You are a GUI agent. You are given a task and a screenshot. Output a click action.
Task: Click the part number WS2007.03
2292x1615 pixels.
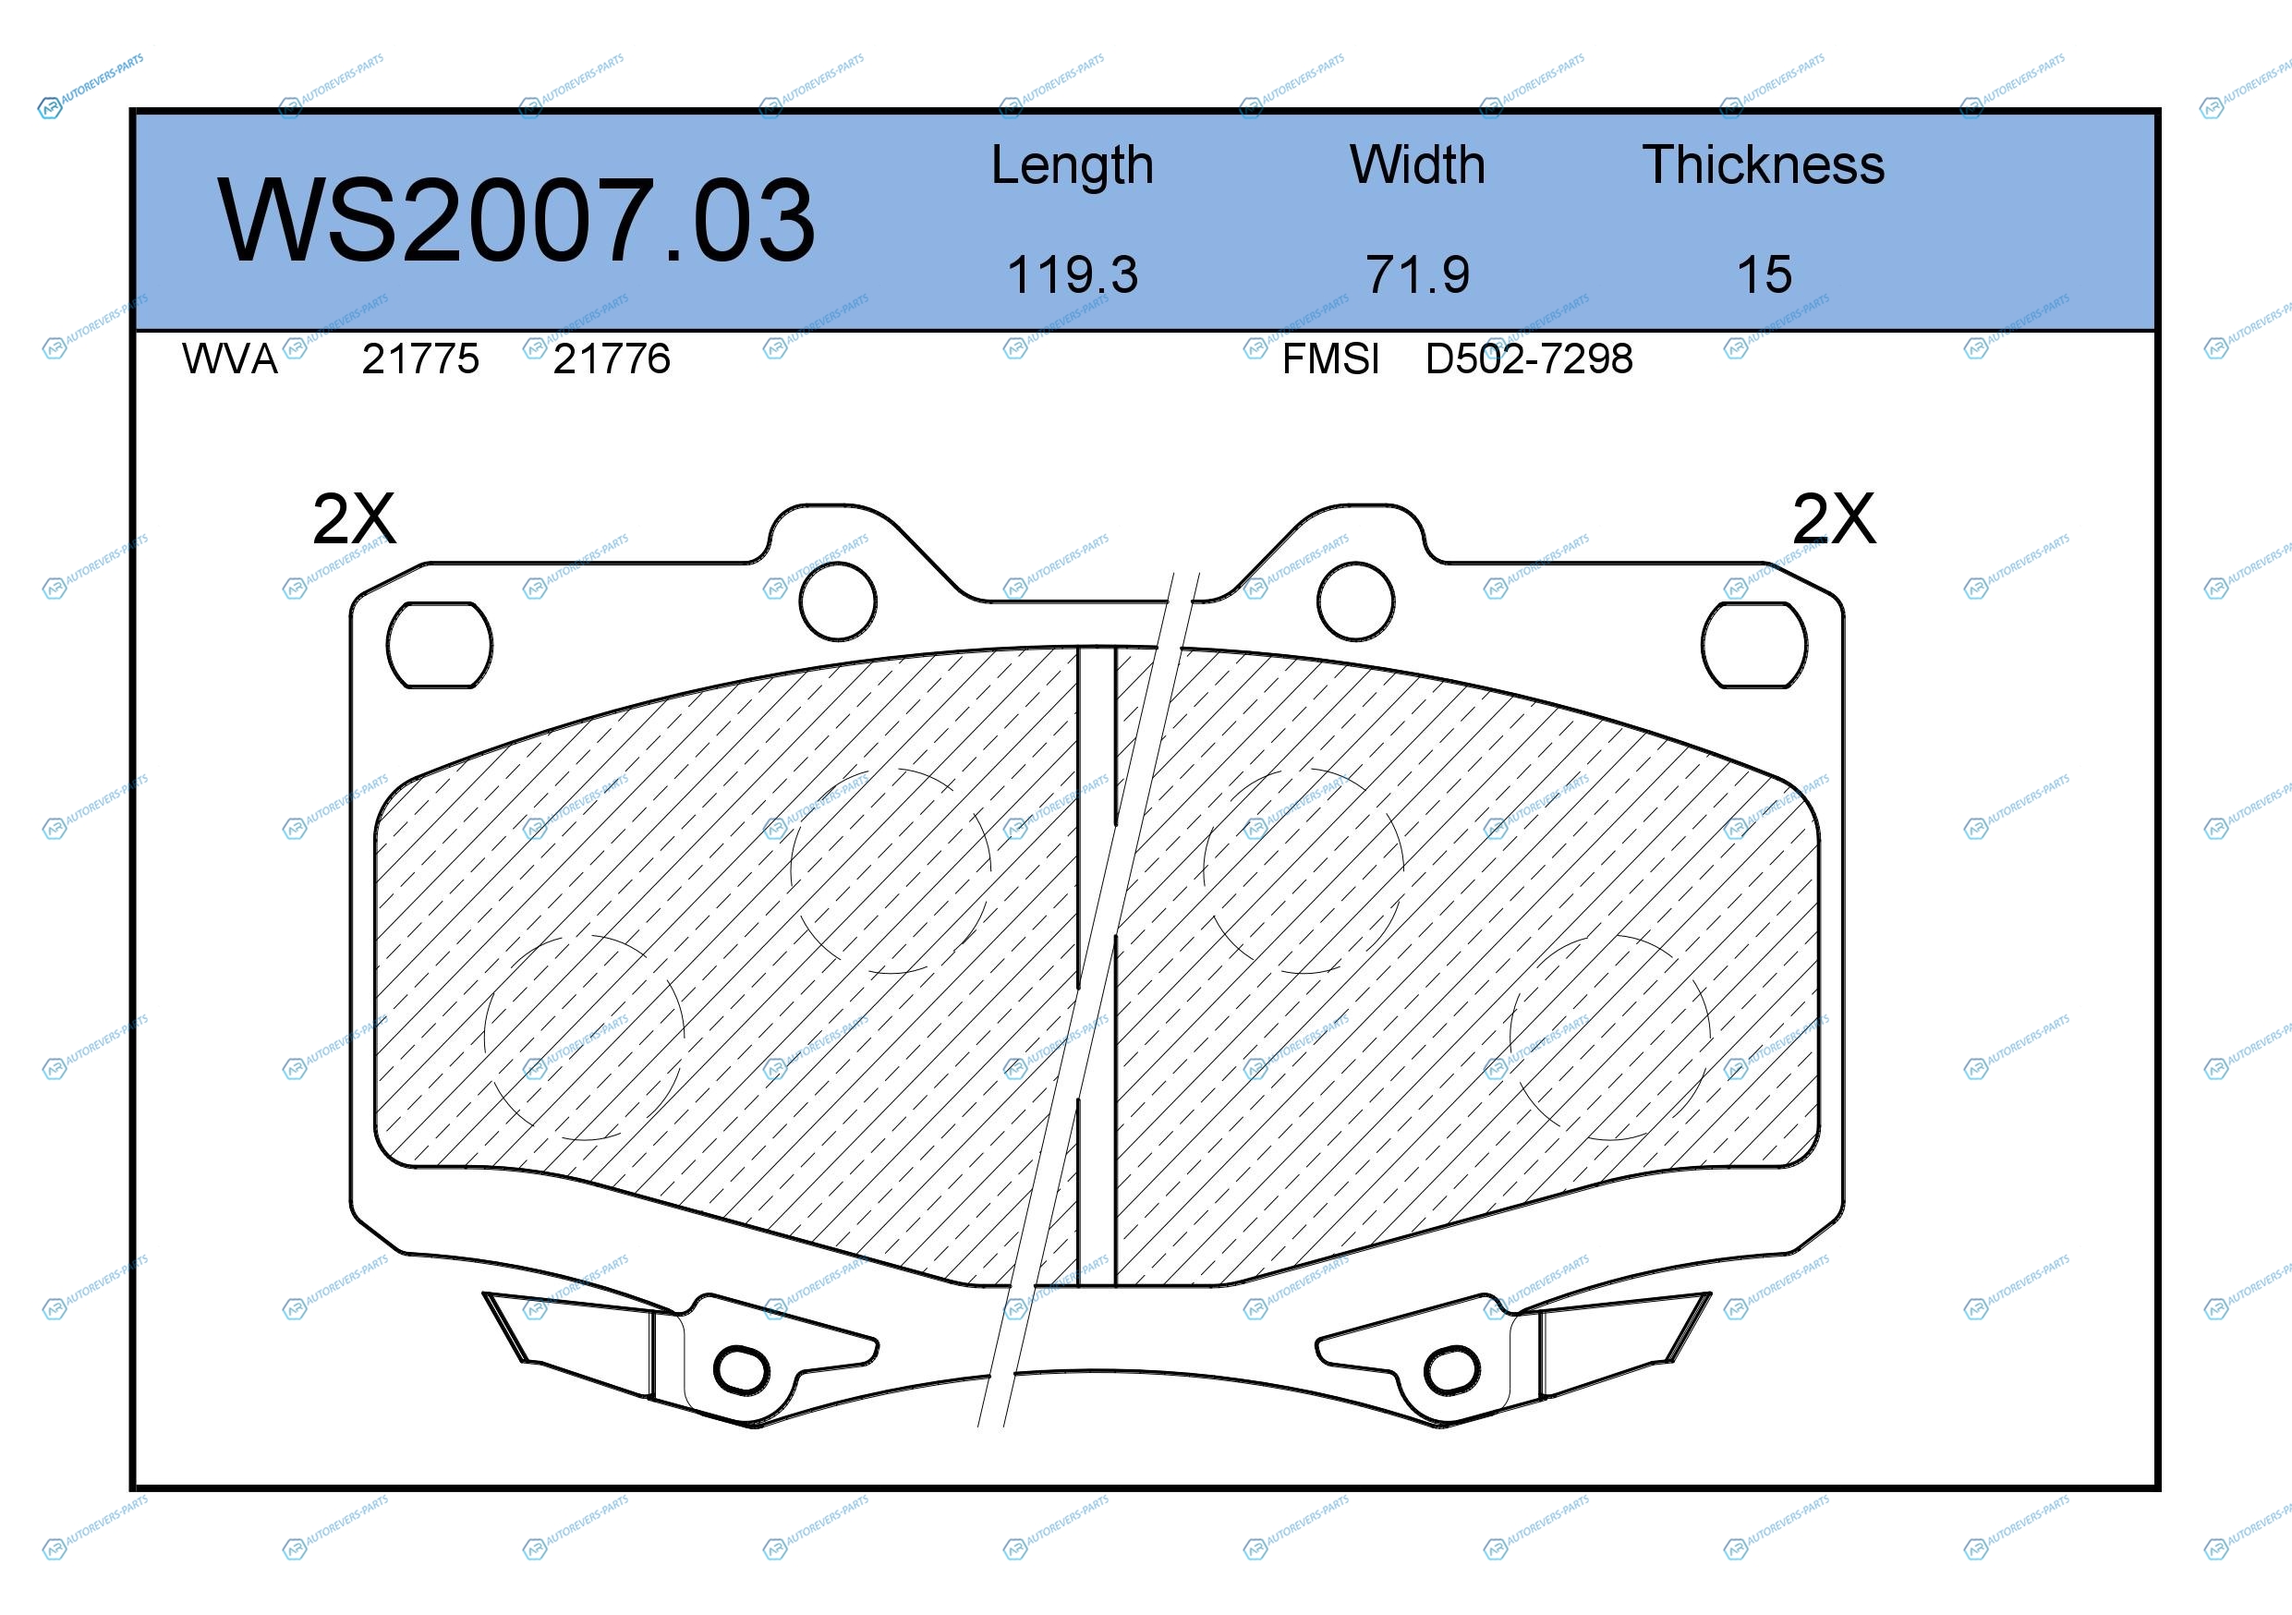click(516, 220)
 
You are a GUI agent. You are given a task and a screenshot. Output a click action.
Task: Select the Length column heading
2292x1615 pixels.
click(1073, 165)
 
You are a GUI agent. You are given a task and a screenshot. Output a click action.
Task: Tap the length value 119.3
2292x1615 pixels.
click(1073, 274)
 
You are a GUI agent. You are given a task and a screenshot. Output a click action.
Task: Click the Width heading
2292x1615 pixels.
click(1417, 164)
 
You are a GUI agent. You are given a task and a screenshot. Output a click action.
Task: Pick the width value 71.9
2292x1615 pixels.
click(1417, 274)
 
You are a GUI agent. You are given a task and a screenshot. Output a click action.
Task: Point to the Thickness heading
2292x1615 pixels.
click(1764, 164)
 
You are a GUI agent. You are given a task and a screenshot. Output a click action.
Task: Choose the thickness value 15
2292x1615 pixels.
click(1764, 274)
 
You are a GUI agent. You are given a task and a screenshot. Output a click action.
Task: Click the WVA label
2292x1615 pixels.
click(230, 358)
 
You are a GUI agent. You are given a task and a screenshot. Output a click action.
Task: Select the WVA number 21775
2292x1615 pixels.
click(420, 358)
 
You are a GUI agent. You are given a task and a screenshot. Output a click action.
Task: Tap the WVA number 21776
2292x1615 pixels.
click(612, 358)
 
